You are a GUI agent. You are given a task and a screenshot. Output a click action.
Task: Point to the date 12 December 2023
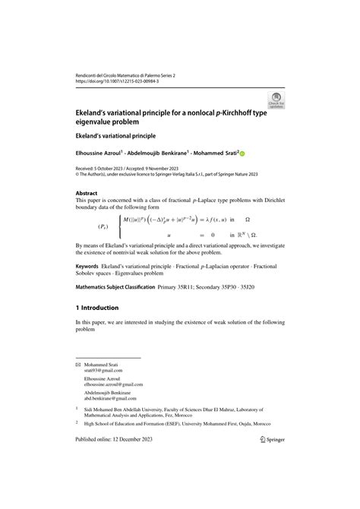[x=134, y=482]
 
